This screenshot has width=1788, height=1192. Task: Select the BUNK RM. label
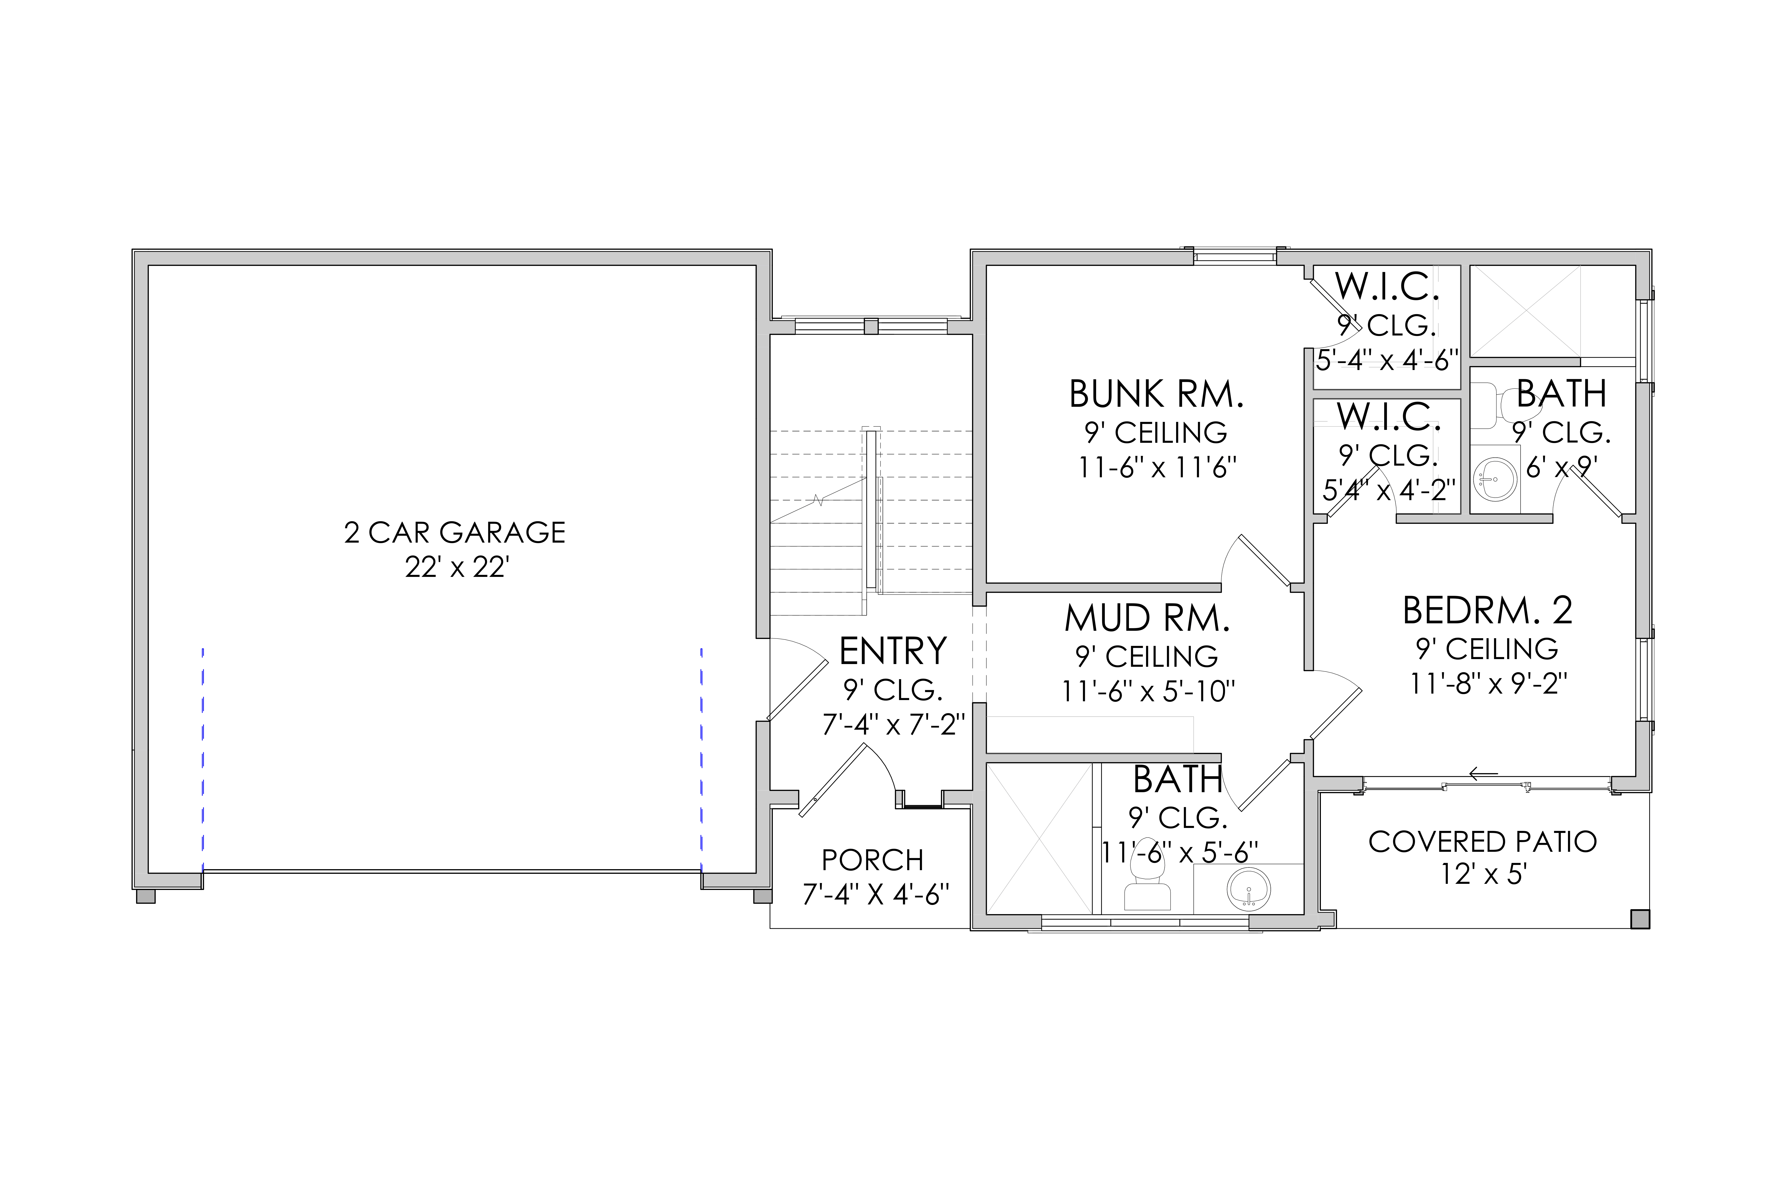(1156, 394)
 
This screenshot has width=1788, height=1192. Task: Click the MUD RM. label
(1147, 618)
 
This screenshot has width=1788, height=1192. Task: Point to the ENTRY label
(893, 651)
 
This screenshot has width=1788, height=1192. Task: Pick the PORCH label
(873, 860)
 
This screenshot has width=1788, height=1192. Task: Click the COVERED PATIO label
(1482, 842)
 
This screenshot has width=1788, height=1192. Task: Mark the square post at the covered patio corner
(1640, 919)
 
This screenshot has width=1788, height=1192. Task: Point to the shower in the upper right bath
(1525, 311)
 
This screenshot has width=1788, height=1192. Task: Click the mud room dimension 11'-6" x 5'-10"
(1148, 691)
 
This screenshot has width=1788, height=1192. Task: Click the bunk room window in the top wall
(1234, 257)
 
